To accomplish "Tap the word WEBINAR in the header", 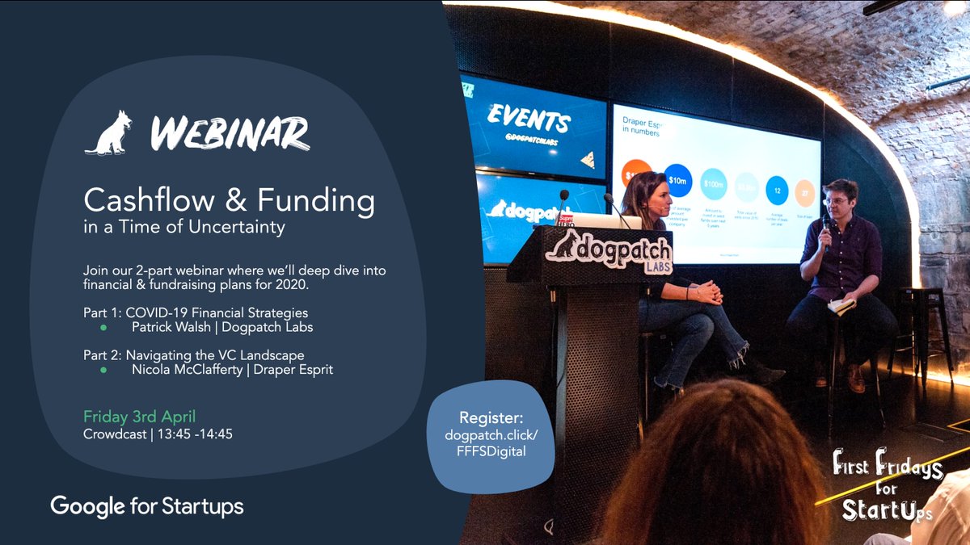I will [x=230, y=133].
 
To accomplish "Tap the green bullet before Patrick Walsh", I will [x=103, y=328].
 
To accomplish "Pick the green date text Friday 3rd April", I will [x=140, y=417].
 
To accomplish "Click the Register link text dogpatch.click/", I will [x=491, y=436].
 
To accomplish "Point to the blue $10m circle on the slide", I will [x=677, y=178].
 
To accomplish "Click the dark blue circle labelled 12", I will [x=777, y=191].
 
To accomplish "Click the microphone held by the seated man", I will [x=826, y=224].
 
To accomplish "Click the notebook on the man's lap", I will [x=841, y=306].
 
